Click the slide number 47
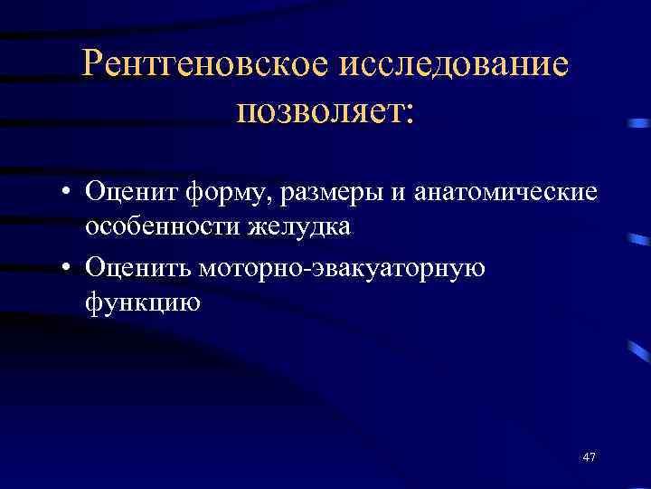(x=590, y=456)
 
